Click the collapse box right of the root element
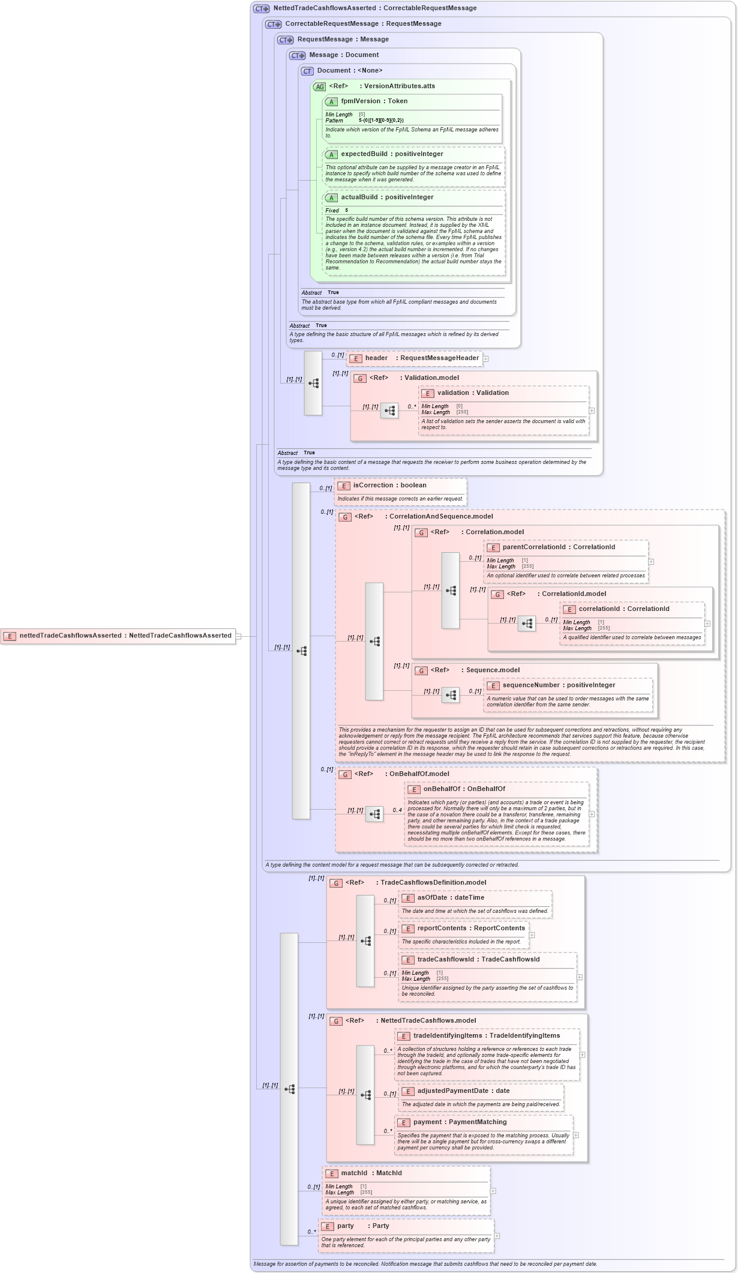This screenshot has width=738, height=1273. pos(238,636)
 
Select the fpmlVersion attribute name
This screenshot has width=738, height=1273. pos(360,101)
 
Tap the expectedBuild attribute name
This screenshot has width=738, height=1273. pos(364,154)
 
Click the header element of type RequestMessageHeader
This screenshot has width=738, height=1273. pos(376,358)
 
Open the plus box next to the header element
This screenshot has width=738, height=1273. pos(485,359)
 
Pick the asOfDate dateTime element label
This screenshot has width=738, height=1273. pos(432,898)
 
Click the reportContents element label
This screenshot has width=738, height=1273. pos(441,928)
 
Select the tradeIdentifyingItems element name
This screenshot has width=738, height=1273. pos(448,1036)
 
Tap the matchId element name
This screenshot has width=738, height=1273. pos(354,1173)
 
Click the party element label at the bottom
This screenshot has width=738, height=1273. pos(345,1226)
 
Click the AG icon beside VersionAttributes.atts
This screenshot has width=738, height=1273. pos(319,87)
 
